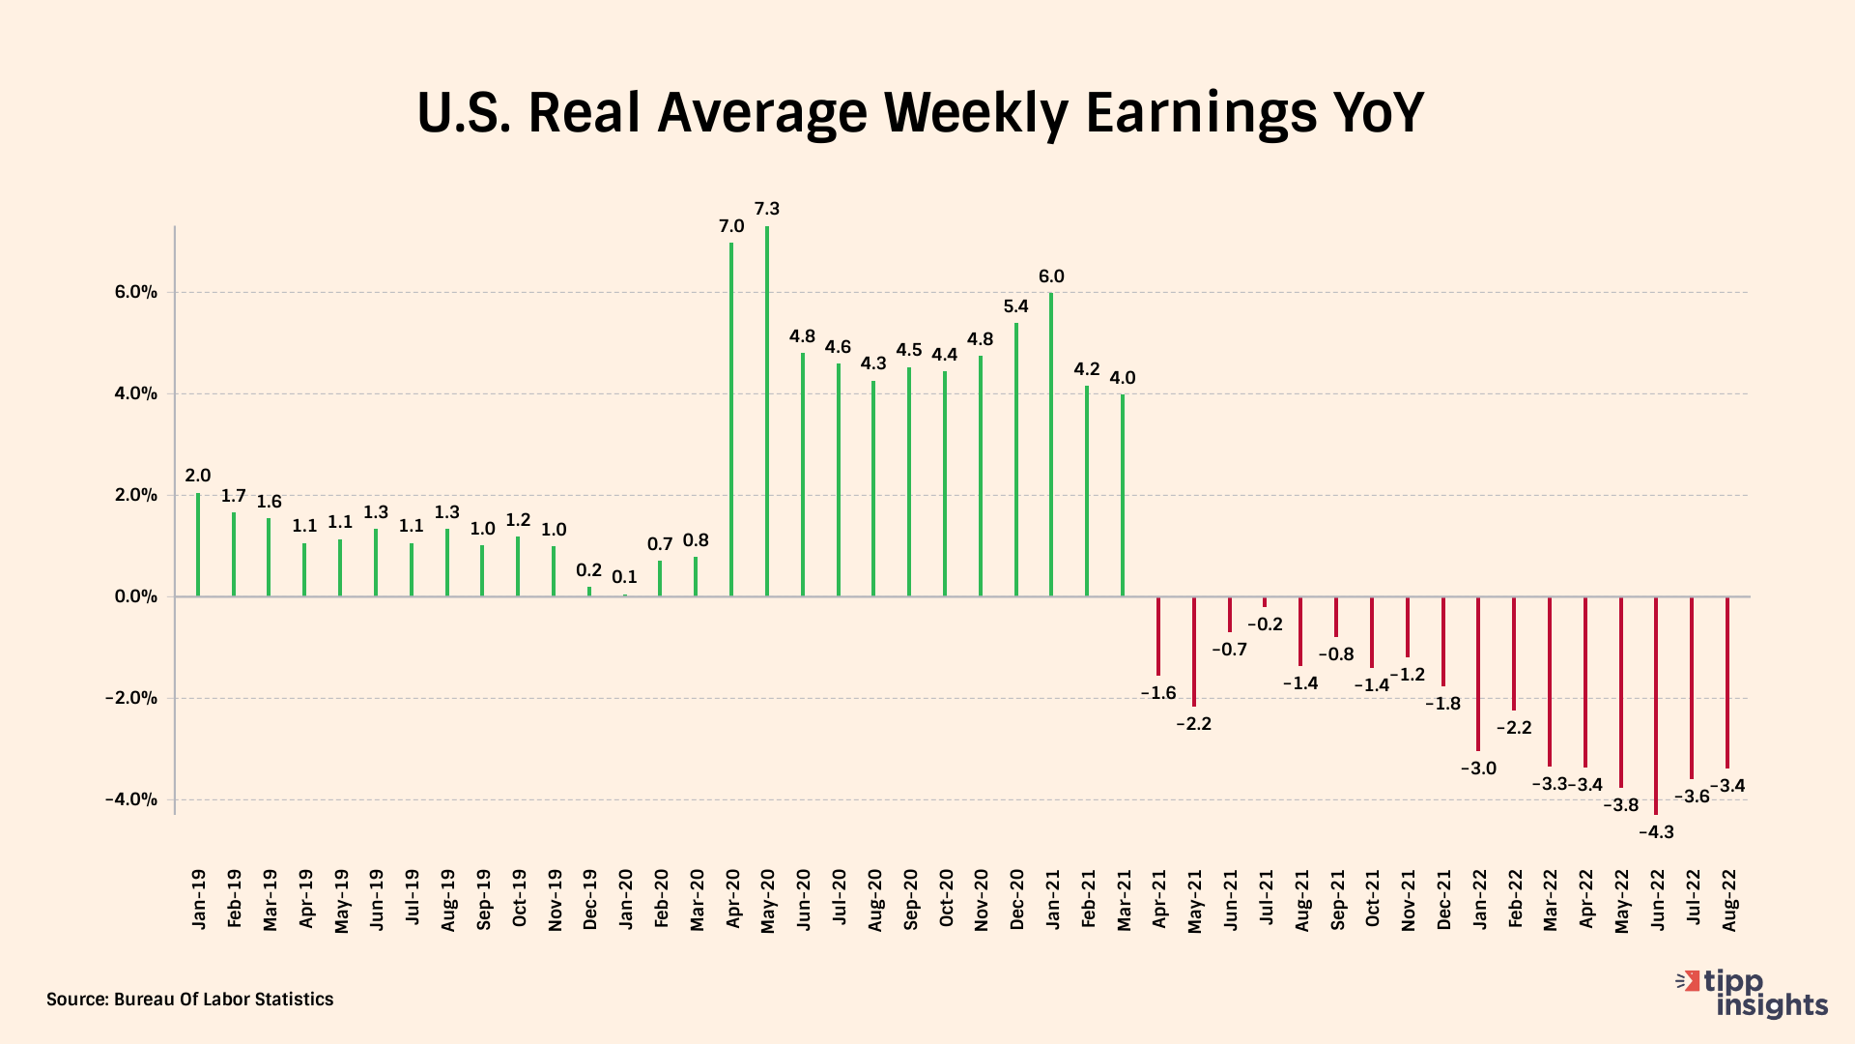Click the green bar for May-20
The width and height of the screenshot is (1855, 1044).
767,411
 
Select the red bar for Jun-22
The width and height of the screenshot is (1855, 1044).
1656,706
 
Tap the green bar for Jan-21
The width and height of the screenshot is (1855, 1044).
1051,445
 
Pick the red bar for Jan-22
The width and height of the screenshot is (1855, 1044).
1478,674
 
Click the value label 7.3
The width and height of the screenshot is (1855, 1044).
767,209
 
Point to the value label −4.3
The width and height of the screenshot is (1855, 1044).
1656,832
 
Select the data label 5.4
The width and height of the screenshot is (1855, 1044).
1016,306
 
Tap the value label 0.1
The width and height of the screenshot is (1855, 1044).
625,577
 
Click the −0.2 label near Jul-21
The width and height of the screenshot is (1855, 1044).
1265,624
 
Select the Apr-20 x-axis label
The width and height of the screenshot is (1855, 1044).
732,900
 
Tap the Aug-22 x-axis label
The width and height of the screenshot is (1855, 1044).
1729,900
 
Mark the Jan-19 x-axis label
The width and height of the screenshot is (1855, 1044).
199,900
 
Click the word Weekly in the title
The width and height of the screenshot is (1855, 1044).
976,112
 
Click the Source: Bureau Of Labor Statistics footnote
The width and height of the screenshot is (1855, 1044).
190,1000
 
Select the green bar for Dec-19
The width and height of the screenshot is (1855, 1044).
589,591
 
